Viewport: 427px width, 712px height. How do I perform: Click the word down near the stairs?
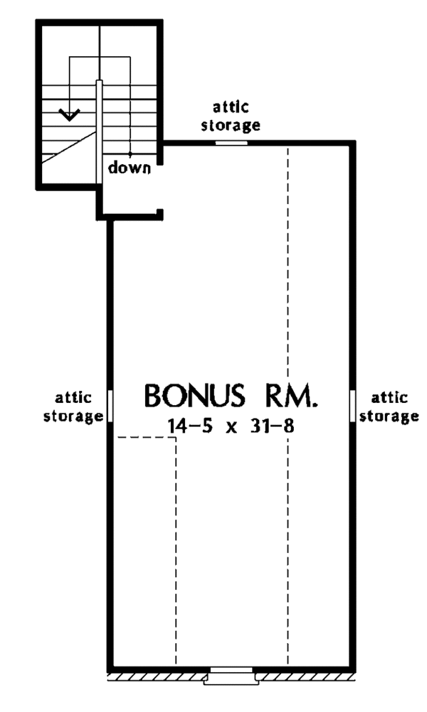coord(130,168)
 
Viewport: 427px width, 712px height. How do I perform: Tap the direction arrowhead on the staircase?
coord(68,114)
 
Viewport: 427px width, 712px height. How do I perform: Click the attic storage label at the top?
coord(232,117)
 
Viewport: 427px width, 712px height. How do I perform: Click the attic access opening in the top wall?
coord(232,142)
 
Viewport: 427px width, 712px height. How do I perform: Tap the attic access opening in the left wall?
coord(110,406)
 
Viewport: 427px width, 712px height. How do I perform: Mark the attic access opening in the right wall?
coord(352,406)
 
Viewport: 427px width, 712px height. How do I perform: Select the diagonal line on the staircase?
coord(69,145)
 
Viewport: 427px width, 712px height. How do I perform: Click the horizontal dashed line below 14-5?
coord(145,438)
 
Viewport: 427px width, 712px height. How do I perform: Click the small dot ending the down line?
coord(130,154)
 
